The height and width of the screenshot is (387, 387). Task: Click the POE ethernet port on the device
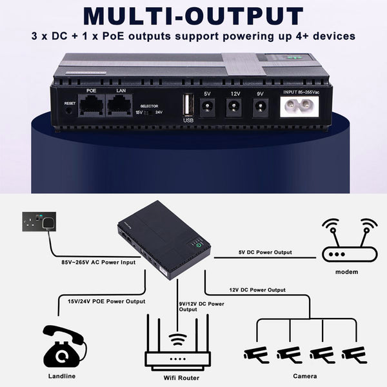click(90, 106)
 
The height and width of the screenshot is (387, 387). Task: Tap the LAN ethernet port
click(120, 106)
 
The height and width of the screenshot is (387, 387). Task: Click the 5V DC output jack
click(207, 108)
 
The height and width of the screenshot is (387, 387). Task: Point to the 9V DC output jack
click(260, 108)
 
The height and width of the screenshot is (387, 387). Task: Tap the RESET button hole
click(69, 111)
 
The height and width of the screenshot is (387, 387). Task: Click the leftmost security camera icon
click(257, 353)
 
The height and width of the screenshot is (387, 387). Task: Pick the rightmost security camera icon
click(354, 353)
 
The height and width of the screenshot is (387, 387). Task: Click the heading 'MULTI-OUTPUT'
click(193, 17)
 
